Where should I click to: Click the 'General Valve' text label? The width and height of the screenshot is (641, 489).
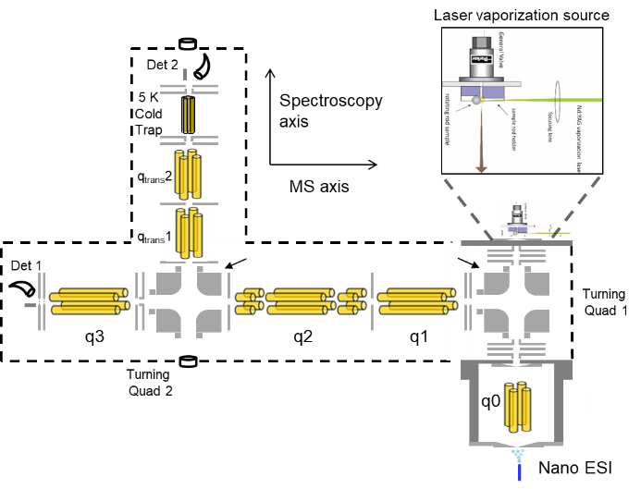click(501, 47)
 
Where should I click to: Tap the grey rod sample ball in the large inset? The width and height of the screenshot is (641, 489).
click(476, 100)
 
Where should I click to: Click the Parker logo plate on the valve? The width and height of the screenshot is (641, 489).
click(481, 61)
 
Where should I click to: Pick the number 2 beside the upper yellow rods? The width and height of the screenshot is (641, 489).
click(168, 177)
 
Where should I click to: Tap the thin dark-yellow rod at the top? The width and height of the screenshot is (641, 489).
click(188, 116)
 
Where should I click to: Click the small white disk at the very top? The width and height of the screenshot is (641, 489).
click(188, 43)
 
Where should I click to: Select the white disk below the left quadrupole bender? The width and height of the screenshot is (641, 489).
click(188, 361)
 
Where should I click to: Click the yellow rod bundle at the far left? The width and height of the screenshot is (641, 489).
click(89, 301)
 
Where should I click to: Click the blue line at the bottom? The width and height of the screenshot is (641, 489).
click(519, 471)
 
